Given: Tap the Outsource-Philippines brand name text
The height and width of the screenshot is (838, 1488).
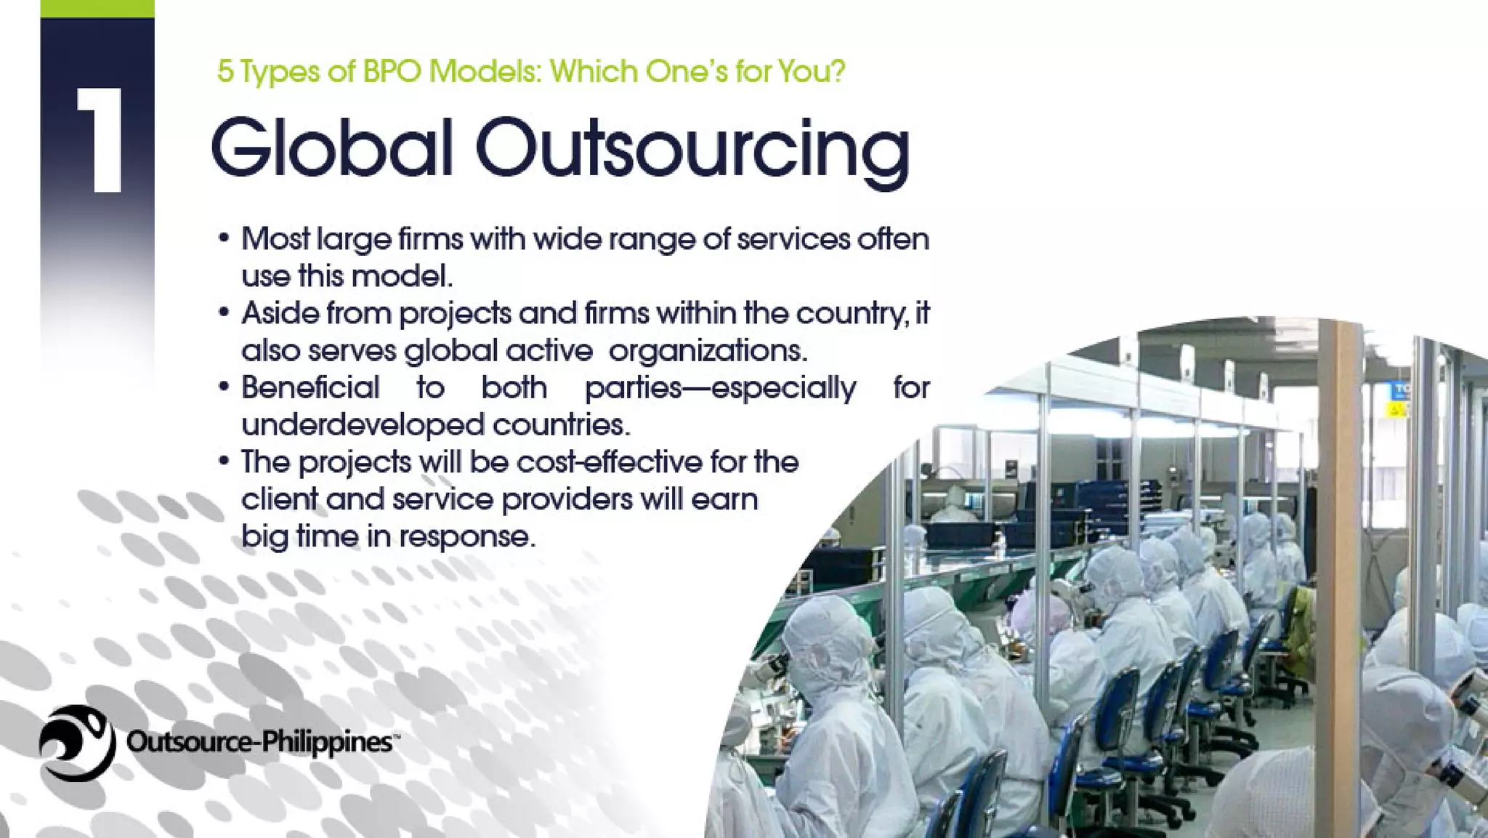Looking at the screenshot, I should [x=260, y=742].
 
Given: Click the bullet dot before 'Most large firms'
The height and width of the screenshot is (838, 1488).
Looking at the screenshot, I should [x=225, y=238].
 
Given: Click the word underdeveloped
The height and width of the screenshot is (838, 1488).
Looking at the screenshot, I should [x=363, y=424].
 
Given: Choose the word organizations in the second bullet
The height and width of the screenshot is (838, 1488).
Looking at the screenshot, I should [x=708, y=351].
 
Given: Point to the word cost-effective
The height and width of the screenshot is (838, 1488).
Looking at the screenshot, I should [x=610, y=462].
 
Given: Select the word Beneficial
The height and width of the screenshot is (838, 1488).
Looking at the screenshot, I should [x=310, y=387].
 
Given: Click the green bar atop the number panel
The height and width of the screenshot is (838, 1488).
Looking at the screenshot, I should [x=97, y=8].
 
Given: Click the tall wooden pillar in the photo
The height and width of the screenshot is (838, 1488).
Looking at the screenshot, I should [x=1339, y=509].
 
